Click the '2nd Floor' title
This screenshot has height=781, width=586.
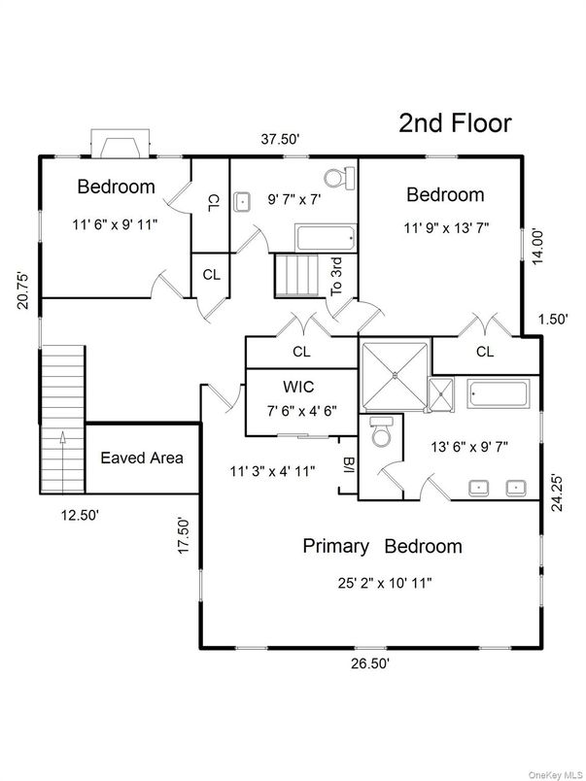[x=455, y=123]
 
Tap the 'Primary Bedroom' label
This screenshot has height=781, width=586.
[x=382, y=546]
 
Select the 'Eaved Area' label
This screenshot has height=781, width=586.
[x=142, y=458]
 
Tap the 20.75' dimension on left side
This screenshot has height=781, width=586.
[x=25, y=289]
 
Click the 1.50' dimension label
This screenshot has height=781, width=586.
[x=554, y=319]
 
